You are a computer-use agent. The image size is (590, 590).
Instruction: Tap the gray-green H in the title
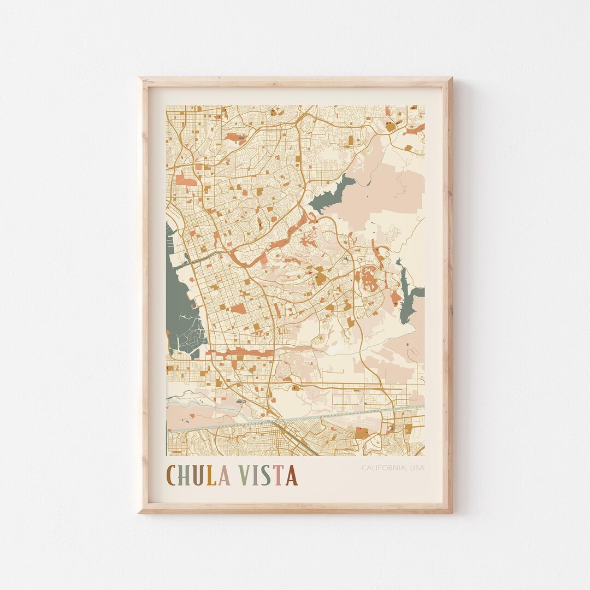point(187,475)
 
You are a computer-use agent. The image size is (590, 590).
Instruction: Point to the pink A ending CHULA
point(225,475)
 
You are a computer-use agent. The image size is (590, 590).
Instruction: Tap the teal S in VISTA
point(267,475)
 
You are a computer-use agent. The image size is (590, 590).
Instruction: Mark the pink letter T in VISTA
point(279,475)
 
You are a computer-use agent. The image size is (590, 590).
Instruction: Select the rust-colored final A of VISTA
point(291,475)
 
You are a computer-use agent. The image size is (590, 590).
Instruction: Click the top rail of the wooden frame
point(295,81)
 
